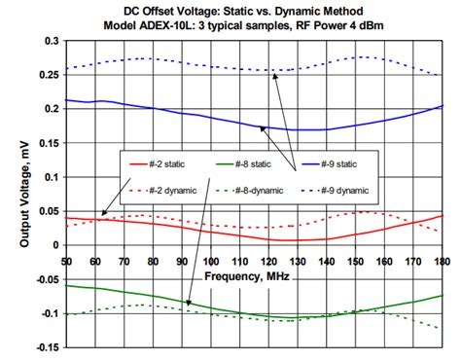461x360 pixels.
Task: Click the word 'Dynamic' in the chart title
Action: (296, 10)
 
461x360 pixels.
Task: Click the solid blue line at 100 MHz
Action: (210, 115)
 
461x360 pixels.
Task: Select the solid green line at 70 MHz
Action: (124, 292)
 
